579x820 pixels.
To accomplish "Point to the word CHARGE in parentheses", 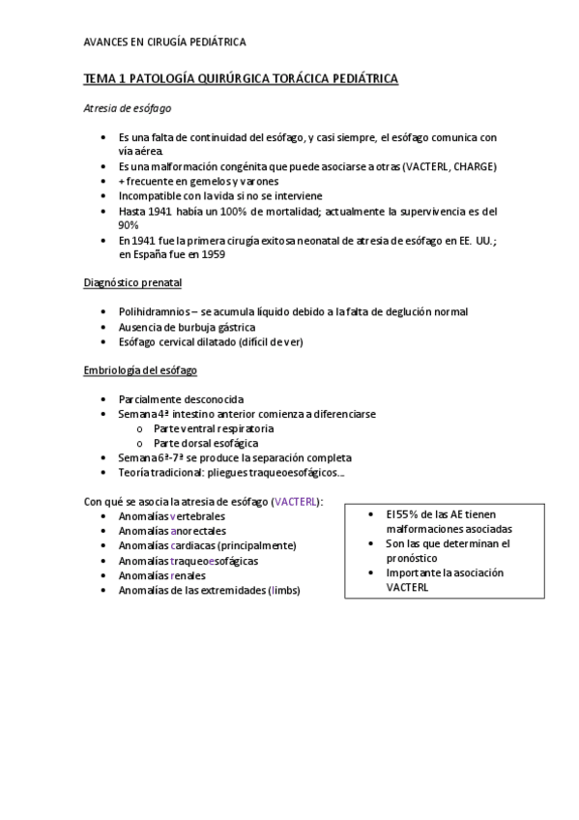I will tap(474, 166).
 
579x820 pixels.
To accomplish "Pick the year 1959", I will tap(217, 254).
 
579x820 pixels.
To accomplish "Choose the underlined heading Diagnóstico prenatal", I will tap(132, 283).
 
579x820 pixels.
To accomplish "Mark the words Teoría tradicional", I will tap(159, 472).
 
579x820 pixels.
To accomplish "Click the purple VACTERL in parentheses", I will tap(297, 502).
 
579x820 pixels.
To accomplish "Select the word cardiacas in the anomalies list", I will tap(192, 545).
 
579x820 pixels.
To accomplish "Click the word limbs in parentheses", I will tap(286, 590).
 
